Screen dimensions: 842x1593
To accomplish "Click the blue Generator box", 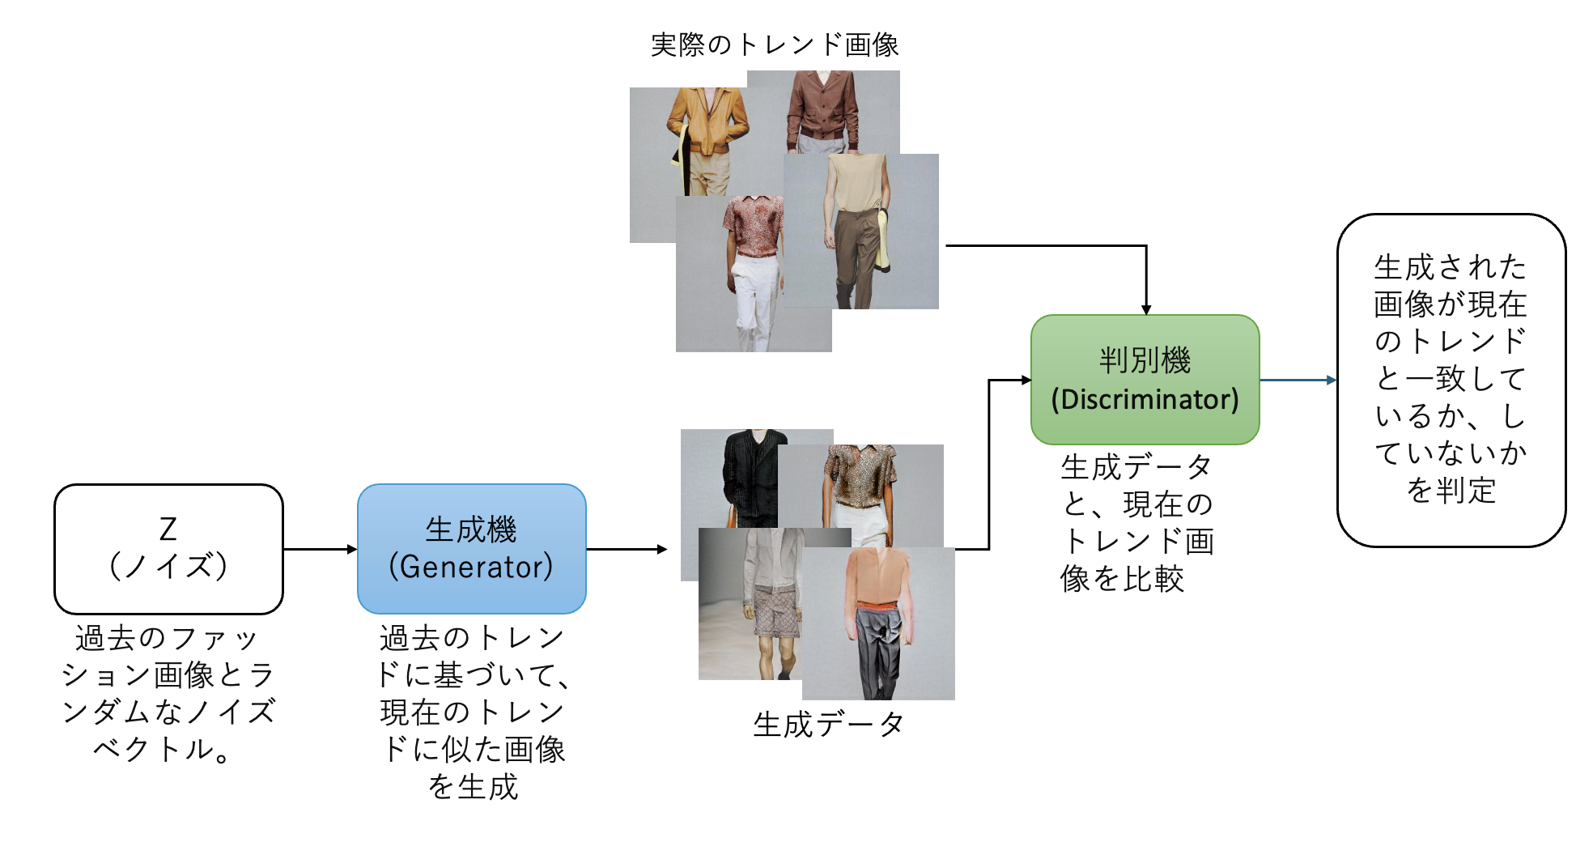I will point(471,548).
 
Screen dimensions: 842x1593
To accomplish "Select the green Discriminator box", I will point(1145,379).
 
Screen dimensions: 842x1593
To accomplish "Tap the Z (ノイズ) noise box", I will point(168,548).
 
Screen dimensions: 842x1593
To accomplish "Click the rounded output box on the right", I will point(1451,380).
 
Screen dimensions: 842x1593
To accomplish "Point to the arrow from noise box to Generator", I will point(320,549).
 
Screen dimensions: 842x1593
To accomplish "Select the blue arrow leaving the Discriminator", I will point(1298,380).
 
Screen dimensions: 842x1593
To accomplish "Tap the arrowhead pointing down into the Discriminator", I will point(1146,308).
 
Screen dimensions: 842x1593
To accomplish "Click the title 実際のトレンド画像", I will point(775,45).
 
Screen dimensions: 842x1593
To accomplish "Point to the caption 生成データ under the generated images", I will point(828,724).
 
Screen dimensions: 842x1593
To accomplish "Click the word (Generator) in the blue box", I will point(471,567).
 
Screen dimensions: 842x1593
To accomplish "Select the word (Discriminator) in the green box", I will point(1145,399).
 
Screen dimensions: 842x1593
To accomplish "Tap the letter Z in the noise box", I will point(168,529).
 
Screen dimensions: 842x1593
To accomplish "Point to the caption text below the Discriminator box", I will point(1136,522).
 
